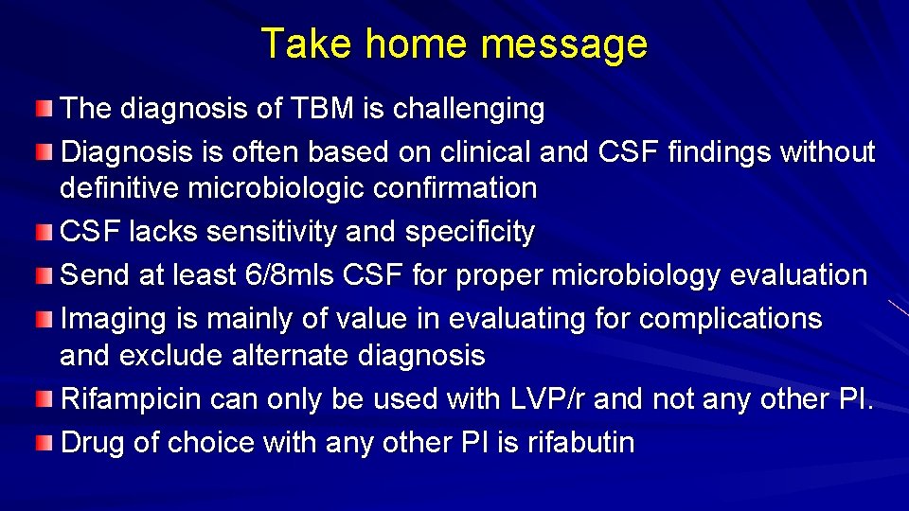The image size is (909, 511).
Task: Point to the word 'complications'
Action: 730,318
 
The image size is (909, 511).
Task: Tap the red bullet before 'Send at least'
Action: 45,275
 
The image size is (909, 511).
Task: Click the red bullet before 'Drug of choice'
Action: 45,442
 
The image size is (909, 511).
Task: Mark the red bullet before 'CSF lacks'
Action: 45,231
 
